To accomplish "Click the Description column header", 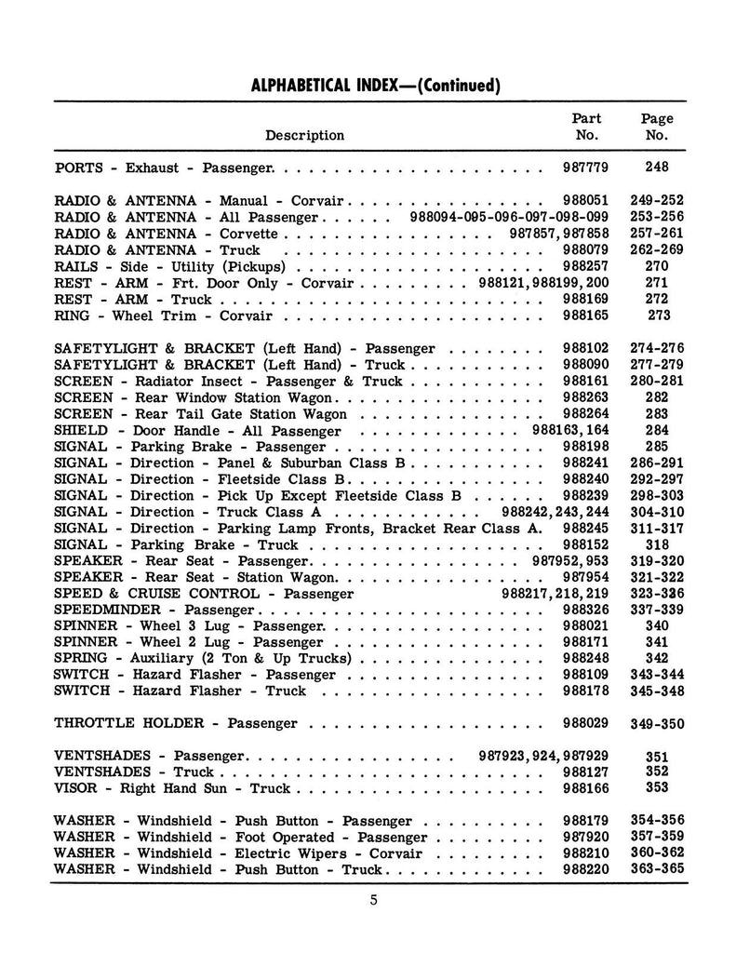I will coord(304,135).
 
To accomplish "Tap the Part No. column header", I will coord(586,127).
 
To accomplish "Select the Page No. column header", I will coord(657,127).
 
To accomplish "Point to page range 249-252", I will coord(657,201).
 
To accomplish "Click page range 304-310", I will coord(657,513).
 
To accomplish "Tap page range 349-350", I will coord(657,724).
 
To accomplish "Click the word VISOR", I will coord(74,788).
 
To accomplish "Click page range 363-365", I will coord(657,870).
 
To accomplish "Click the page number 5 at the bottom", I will coord(371,899).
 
